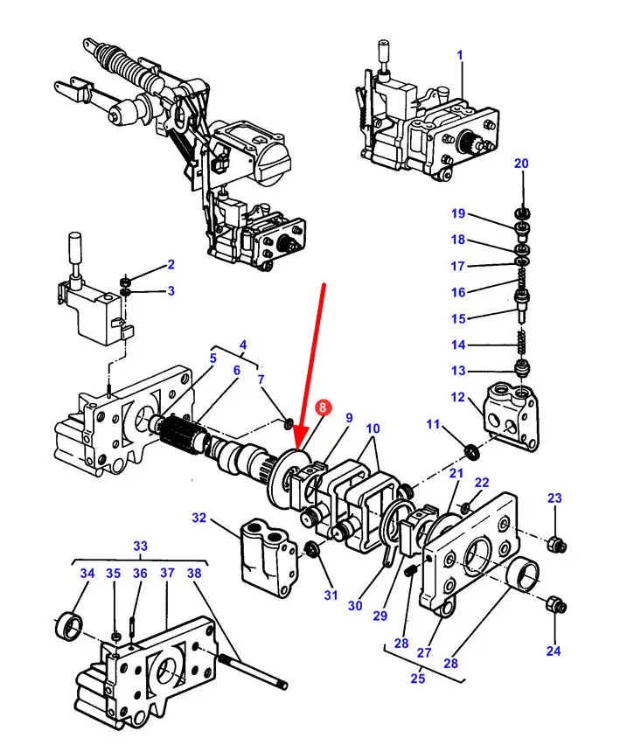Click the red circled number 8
[323, 407]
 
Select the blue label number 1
[459, 54]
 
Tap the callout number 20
[521, 164]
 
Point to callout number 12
[458, 397]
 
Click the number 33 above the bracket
[140, 546]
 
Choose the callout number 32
[199, 518]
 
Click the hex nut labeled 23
[553, 546]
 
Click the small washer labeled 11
[471, 451]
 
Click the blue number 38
[194, 573]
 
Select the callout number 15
[458, 318]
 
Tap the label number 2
[171, 264]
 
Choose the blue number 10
[373, 428]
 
